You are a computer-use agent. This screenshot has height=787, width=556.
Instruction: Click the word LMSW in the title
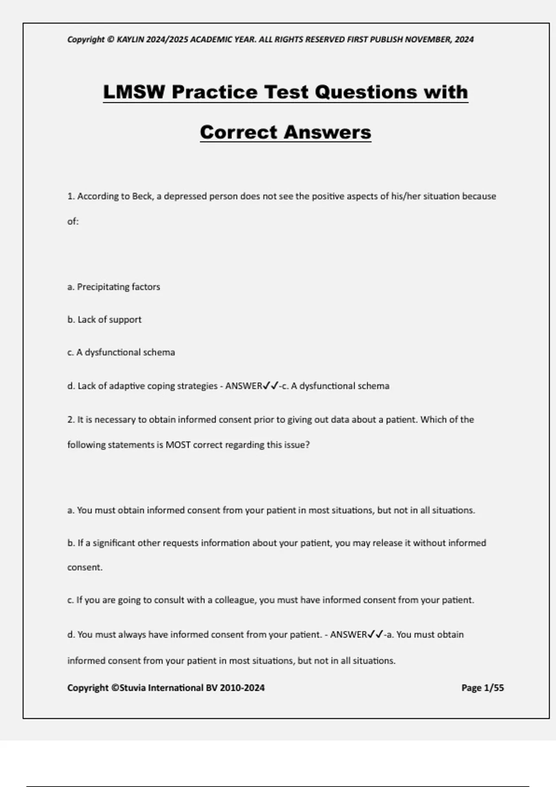point(134,92)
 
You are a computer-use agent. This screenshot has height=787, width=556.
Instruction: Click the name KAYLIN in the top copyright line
point(131,39)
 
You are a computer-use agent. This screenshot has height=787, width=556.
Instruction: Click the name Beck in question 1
point(142,196)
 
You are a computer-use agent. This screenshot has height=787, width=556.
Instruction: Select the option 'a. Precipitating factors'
point(114,287)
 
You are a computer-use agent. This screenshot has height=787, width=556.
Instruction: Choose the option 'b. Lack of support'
point(104,319)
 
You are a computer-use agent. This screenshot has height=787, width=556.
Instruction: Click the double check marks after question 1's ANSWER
point(271,386)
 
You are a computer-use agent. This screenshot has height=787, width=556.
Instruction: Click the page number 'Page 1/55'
point(482,688)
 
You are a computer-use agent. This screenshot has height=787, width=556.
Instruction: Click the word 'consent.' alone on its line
point(85,568)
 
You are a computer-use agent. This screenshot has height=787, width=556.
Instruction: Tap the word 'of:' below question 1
point(73,222)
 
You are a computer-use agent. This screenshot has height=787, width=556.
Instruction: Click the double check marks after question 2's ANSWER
point(375,635)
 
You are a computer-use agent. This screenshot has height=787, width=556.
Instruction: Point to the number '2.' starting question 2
point(71,420)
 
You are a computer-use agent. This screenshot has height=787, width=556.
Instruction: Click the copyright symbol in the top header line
point(110,39)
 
